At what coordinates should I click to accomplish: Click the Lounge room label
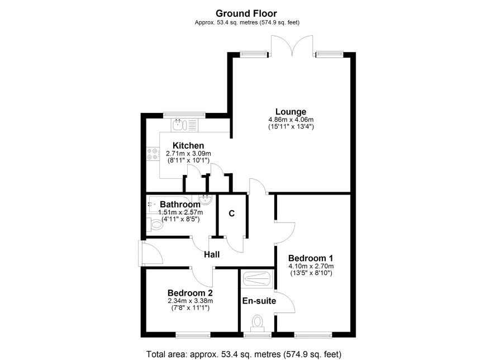291,112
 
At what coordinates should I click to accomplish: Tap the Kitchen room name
188,145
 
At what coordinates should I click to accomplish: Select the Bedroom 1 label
311,258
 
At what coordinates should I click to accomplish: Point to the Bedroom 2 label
190,293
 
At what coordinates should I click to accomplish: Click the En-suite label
259,301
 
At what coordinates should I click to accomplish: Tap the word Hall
212,254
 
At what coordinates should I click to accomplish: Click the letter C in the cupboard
232,214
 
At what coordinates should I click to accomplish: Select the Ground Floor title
246,13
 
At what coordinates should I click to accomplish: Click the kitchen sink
178,125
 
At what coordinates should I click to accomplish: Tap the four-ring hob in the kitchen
152,154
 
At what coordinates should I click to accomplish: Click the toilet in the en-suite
258,323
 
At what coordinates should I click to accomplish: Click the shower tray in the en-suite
257,279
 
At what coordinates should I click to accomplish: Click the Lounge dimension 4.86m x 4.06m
291,120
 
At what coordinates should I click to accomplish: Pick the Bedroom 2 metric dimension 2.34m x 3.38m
190,301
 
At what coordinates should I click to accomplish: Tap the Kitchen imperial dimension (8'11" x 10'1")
188,160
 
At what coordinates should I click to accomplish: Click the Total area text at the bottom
244,354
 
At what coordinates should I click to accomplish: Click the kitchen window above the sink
184,115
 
